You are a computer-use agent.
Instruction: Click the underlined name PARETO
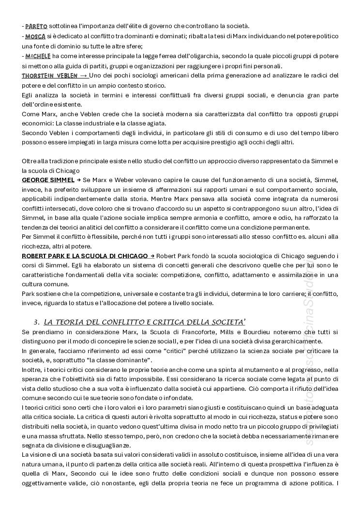pyautogui.click(x=35, y=26)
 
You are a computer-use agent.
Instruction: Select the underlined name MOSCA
pyautogui.click(x=35, y=36)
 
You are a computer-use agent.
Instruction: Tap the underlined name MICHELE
pyautogui.click(x=38, y=56)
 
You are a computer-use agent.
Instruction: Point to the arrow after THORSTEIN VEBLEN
pyautogui.click(x=83, y=76)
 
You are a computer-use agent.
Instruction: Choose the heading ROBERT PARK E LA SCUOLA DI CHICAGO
pyautogui.click(x=85, y=256)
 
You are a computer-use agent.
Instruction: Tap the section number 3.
pyautogui.click(x=36, y=322)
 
